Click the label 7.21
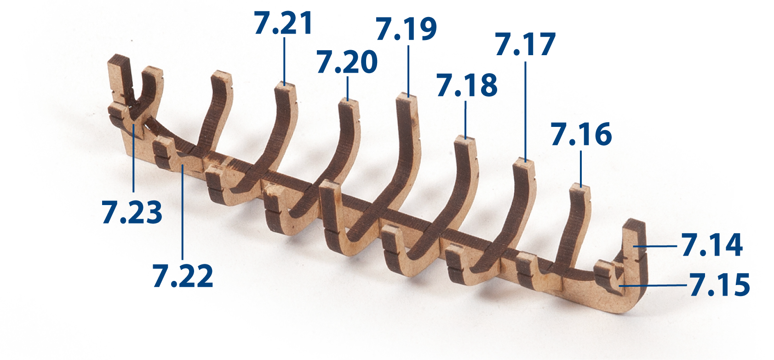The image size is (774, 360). [283, 23]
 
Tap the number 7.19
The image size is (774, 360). [407, 29]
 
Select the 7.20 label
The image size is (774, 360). [347, 62]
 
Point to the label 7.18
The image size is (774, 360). [467, 85]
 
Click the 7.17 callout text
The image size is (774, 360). [525, 44]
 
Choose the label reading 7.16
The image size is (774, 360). [581, 134]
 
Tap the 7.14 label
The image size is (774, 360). [712, 245]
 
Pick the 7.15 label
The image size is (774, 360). [720, 285]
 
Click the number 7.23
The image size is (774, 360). [132, 212]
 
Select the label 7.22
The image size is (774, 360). [183, 275]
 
